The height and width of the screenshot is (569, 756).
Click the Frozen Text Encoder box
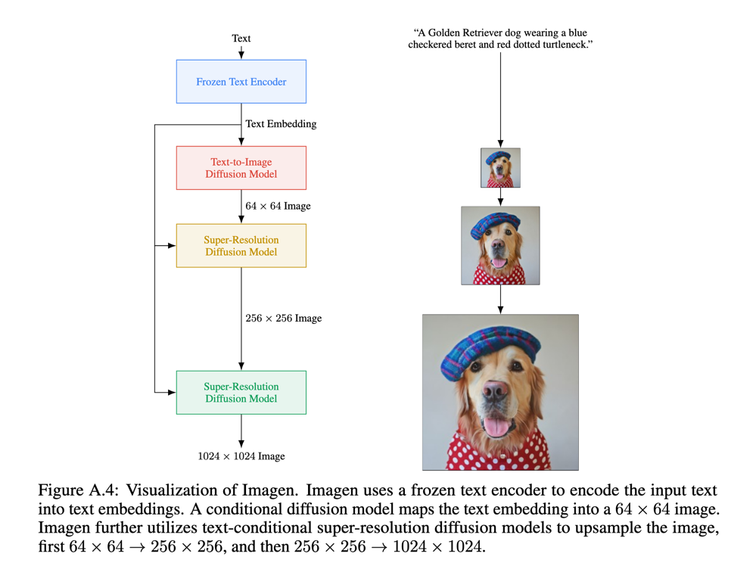coord(241,82)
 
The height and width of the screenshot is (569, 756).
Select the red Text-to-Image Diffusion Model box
coord(241,168)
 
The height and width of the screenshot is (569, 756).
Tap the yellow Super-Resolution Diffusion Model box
coord(241,246)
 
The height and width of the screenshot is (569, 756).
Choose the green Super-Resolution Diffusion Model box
coord(241,393)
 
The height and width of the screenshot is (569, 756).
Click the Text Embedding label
coord(281,123)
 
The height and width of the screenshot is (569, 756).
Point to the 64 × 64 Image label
coord(278,206)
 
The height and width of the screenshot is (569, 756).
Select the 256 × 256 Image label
coord(283,318)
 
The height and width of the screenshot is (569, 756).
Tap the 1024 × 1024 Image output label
coord(241,456)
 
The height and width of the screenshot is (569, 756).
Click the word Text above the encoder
coord(241,38)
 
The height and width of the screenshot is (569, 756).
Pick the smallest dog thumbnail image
coord(500,168)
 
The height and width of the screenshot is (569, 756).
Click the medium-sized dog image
coord(500,246)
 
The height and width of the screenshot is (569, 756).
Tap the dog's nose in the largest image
coord(495,391)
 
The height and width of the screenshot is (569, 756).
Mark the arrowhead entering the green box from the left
coord(171,393)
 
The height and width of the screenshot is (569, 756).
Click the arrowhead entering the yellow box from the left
coord(171,246)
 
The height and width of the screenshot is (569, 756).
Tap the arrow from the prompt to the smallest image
coord(500,98)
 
